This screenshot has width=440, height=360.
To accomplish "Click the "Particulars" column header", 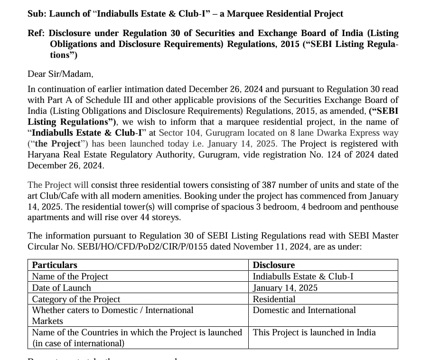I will click(55, 265).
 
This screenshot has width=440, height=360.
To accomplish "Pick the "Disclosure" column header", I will click(273, 265).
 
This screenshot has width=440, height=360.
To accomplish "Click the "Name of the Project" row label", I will click(70, 276).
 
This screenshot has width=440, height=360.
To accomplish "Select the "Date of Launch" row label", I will click(61, 287).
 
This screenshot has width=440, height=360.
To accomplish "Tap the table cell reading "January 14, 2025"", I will click(285, 287).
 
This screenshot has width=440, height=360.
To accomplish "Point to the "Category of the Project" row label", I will click(76, 299).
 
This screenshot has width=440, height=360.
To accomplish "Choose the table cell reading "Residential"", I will click(274, 299).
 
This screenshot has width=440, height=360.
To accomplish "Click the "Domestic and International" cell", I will click(304, 310).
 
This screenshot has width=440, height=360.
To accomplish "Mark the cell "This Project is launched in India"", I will click(314, 332).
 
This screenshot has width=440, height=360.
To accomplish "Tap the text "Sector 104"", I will click(178, 133).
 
